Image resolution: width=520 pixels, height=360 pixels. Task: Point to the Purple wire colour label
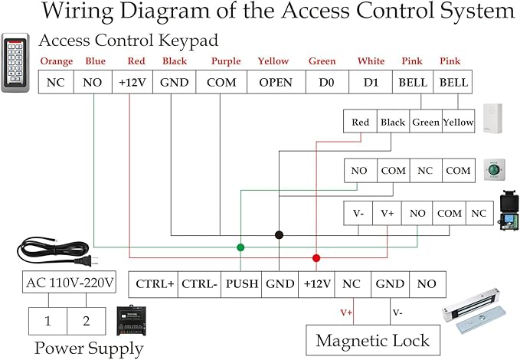point(225,61)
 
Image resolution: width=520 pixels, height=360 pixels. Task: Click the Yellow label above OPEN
point(273,61)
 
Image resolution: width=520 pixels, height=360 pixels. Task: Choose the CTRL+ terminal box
point(155,283)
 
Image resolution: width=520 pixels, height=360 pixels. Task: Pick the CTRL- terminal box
point(201,283)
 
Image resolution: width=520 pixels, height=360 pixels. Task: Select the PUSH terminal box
point(241,283)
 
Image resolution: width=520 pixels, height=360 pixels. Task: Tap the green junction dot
point(240,247)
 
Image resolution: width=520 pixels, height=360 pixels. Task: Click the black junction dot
point(280,234)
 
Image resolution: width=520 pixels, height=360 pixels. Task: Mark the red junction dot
point(316,258)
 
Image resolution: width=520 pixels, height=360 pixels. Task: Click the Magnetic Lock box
point(373,340)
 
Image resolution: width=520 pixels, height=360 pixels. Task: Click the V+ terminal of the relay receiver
point(388,213)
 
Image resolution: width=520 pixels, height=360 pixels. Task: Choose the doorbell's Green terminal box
point(426,122)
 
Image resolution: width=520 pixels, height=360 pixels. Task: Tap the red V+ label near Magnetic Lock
point(346,313)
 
